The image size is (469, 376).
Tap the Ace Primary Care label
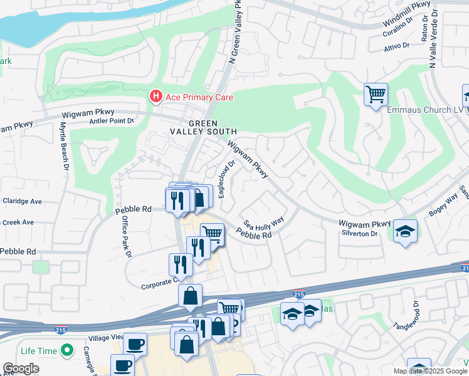coord(199,97)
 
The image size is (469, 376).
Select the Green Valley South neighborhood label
coord(203,127)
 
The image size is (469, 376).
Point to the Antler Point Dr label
coord(112,121)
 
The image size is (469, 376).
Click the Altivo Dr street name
coord(396,46)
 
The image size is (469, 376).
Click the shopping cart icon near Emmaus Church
coord(376,95)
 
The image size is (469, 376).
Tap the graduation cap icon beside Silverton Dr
coord(405,231)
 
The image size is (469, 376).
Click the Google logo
coord(21,368)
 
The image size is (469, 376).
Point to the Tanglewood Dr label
coord(416,316)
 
